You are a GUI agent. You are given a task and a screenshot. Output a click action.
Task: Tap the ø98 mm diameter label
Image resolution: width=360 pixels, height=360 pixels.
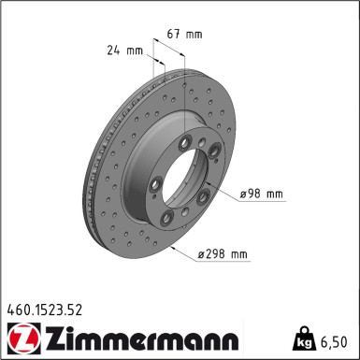261,194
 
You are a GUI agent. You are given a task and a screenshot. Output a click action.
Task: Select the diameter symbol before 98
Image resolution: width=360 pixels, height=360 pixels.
243,194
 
